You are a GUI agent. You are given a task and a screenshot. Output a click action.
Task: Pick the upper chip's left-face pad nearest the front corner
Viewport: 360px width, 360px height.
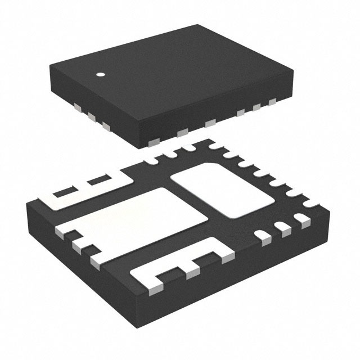click(106, 126)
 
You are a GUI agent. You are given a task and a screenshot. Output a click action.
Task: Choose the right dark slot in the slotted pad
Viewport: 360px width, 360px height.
click(99, 181)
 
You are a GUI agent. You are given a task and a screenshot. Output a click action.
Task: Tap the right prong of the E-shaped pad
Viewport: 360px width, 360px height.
click(223, 254)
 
